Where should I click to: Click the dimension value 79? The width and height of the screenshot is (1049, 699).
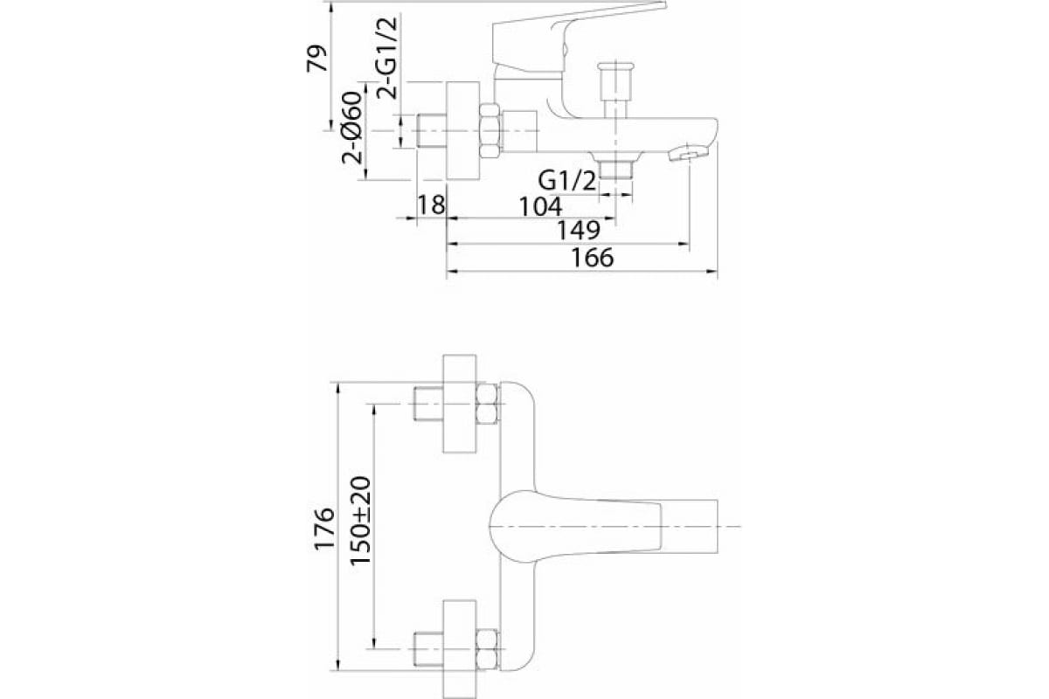317,59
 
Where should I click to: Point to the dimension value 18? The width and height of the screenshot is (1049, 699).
431,205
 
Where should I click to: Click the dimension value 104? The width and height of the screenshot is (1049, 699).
540,206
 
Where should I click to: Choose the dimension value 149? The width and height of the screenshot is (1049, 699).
579,230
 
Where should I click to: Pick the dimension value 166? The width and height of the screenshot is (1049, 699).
593,258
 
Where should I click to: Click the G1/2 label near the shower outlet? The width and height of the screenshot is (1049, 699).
567,180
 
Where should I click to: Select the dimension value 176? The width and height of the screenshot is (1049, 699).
324,529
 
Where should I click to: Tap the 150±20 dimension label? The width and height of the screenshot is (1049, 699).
360,521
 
